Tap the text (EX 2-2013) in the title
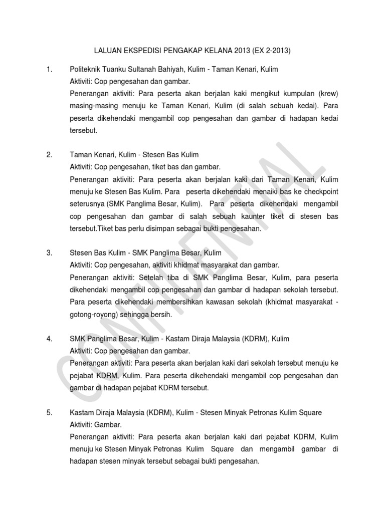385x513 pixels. click(x=273, y=51)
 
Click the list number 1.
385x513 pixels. click(x=49, y=69)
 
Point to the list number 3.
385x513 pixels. click(x=49, y=253)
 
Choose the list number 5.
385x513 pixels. click(x=49, y=413)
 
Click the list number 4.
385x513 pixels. click(x=49, y=339)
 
